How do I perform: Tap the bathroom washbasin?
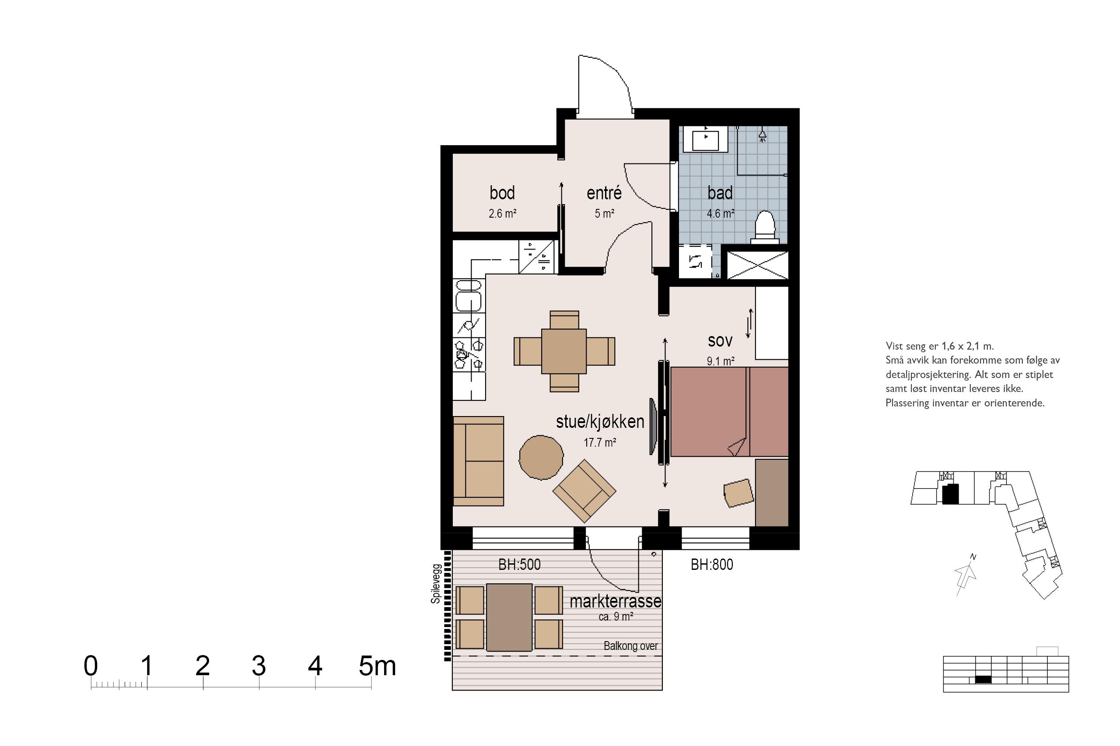pyautogui.click(x=705, y=139)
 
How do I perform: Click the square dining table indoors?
pyautogui.click(x=564, y=351)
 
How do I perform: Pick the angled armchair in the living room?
pyautogui.click(x=584, y=490)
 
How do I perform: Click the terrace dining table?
pyautogui.click(x=509, y=617)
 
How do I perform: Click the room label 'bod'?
pyautogui.click(x=502, y=193)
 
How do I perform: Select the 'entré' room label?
pyautogui.click(x=604, y=193)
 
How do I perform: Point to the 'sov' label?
pyautogui.click(x=720, y=340)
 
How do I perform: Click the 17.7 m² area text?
pyautogui.click(x=600, y=442)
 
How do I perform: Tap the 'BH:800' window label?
pyautogui.click(x=712, y=564)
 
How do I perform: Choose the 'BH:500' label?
pyautogui.click(x=519, y=564)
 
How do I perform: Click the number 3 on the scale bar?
pyautogui.click(x=259, y=666)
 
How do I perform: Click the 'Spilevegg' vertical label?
pyautogui.click(x=435, y=584)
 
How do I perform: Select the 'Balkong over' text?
pyautogui.click(x=630, y=645)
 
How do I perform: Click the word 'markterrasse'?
pyautogui.click(x=615, y=601)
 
